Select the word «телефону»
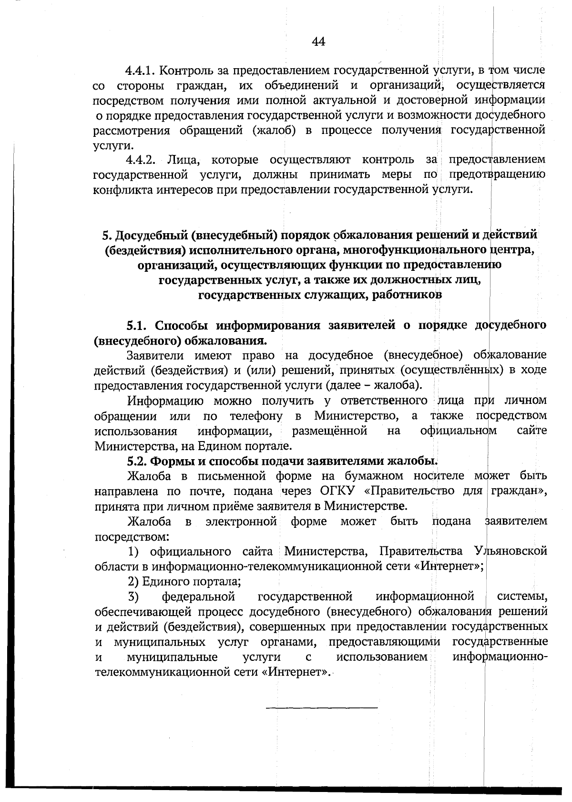pos(256,416)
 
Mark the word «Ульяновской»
pos(511,552)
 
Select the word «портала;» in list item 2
pos(219,582)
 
